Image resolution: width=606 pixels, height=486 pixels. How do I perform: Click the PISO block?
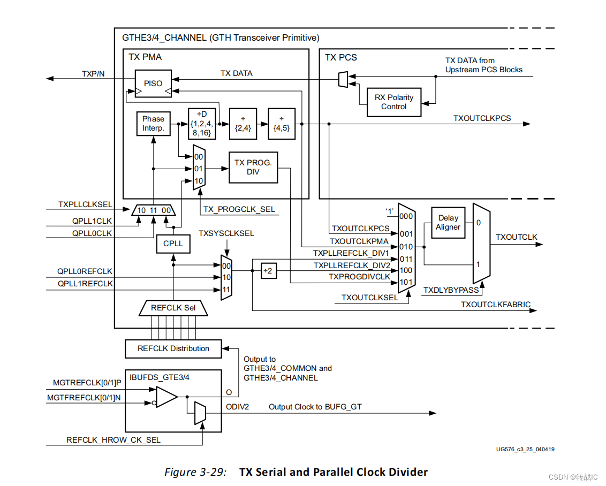point(153,83)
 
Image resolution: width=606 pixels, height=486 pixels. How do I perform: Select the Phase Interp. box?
point(153,124)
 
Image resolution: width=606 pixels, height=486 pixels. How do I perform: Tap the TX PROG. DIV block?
point(253,168)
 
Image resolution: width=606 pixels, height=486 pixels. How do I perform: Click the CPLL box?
point(173,244)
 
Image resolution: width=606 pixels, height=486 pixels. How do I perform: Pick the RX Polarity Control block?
point(393,102)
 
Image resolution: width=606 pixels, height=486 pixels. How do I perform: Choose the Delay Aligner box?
point(448,222)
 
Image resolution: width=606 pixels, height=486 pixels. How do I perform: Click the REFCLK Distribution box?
point(173,348)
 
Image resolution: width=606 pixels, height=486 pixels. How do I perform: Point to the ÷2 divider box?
point(267,271)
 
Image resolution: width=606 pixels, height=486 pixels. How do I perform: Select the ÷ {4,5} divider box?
point(281,124)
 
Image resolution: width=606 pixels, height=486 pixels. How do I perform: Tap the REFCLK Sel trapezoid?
point(173,308)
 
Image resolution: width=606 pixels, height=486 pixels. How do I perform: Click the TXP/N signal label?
point(93,73)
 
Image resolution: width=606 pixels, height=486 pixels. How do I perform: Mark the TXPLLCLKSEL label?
point(85,204)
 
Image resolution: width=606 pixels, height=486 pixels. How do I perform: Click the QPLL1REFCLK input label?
point(86,284)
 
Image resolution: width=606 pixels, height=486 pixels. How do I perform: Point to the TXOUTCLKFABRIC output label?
point(495,305)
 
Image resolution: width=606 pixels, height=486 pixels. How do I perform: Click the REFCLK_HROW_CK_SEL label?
point(113,440)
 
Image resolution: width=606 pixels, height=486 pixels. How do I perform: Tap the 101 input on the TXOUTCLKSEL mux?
point(406,282)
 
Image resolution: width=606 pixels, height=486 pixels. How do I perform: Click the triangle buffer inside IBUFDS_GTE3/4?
point(166,397)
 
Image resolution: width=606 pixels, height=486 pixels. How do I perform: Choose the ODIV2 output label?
point(237,407)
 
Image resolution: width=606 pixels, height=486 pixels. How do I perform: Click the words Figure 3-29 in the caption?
point(195,472)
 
